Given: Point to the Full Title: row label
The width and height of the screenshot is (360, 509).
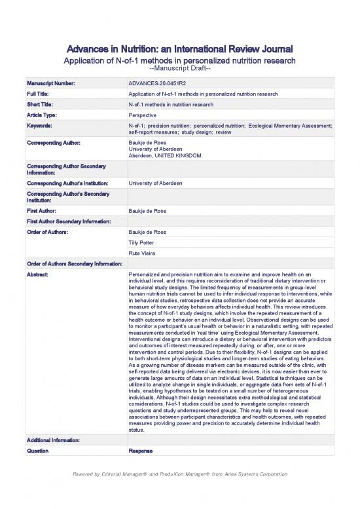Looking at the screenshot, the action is coord(41,94).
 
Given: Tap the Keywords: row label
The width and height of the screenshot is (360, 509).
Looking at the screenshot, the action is coord(42,124).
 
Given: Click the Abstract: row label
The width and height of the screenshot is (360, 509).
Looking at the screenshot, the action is coord(39,273).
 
